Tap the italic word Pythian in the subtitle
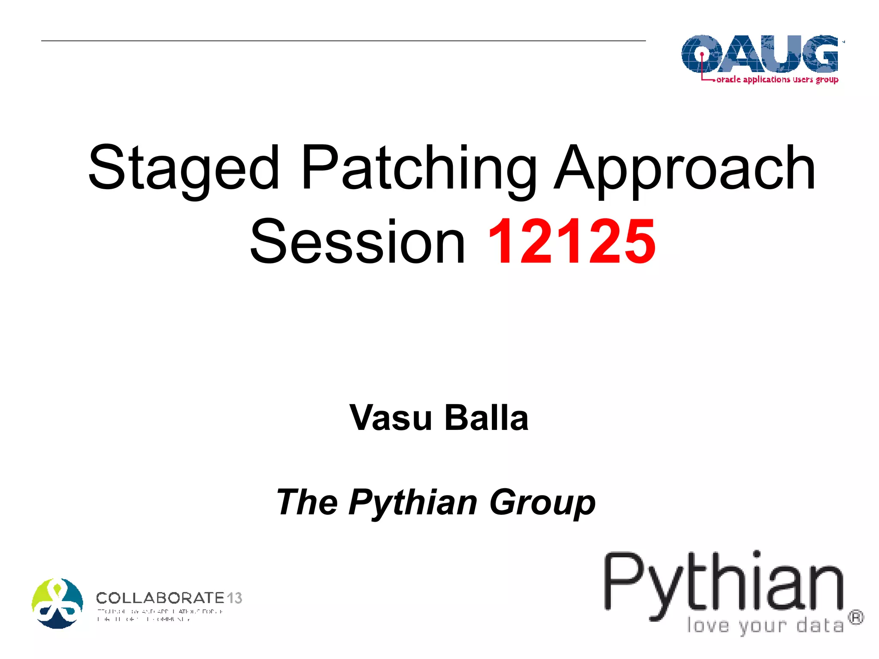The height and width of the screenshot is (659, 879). (413, 502)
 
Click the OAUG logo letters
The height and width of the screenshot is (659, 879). (760, 54)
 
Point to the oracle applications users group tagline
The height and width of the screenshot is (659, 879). (777, 79)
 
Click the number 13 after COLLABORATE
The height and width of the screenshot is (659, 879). (234, 598)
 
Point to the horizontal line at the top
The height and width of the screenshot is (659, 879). (343, 41)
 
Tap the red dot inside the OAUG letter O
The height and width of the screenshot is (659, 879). (702, 54)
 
